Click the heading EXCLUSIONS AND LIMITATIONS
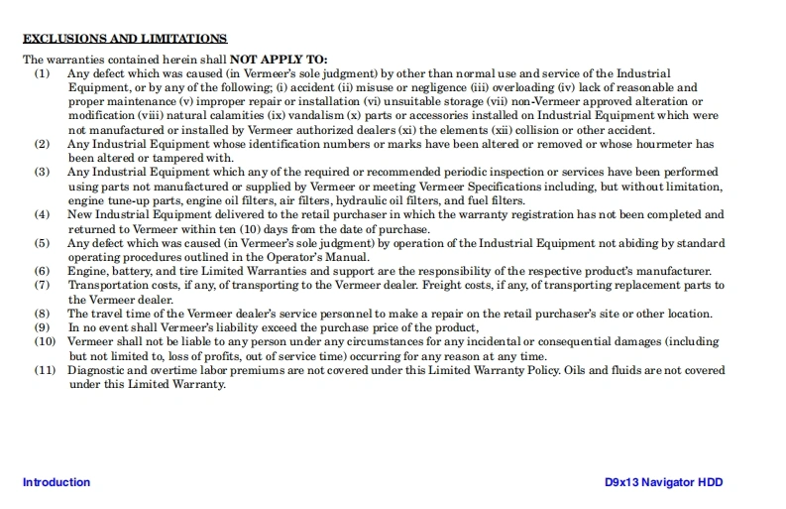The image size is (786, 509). pyautogui.click(x=125, y=39)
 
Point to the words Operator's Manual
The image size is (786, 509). pyautogui.click(x=323, y=257)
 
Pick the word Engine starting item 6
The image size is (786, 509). pyautogui.click(x=86, y=271)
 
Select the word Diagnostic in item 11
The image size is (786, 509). pyautogui.click(x=97, y=370)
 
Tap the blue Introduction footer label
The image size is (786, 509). pyautogui.click(x=56, y=483)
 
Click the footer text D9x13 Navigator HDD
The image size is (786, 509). pyautogui.click(x=664, y=483)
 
